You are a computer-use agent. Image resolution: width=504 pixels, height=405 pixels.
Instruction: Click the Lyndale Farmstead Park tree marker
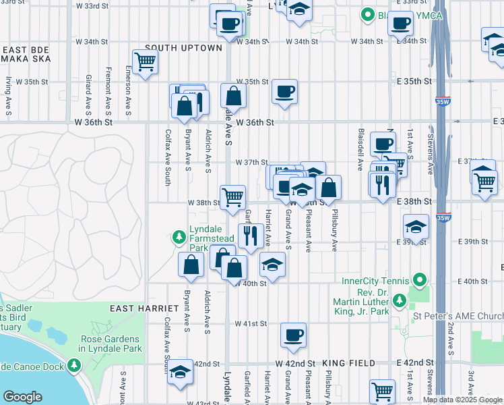click(x=179, y=236)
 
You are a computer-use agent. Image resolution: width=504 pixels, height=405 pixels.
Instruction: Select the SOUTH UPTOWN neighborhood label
click(x=183, y=48)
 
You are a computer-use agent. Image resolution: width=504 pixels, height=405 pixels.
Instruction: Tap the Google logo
click(x=22, y=397)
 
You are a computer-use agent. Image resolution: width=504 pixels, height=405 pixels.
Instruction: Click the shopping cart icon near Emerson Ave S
click(x=146, y=62)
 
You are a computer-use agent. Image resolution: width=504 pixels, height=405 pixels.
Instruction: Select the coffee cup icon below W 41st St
click(x=293, y=335)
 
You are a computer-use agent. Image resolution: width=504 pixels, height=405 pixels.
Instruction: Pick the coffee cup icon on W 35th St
click(x=284, y=91)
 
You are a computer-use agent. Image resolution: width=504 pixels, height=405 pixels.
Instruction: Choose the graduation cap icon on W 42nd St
click(x=180, y=372)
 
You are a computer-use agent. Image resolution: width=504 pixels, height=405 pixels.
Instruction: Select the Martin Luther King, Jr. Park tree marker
click(x=399, y=299)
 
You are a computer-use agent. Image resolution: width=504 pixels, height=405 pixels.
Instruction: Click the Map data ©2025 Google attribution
click(x=462, y=400)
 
